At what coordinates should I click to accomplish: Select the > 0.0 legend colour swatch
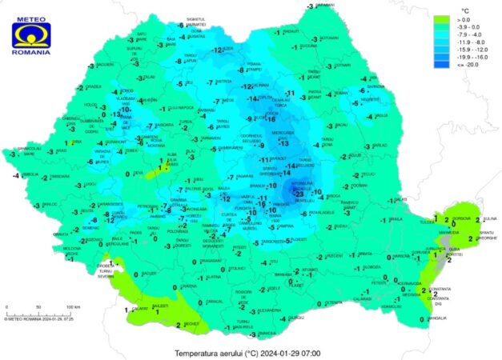tap(442, 17)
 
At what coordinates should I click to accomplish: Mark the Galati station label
tap(401, 200)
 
